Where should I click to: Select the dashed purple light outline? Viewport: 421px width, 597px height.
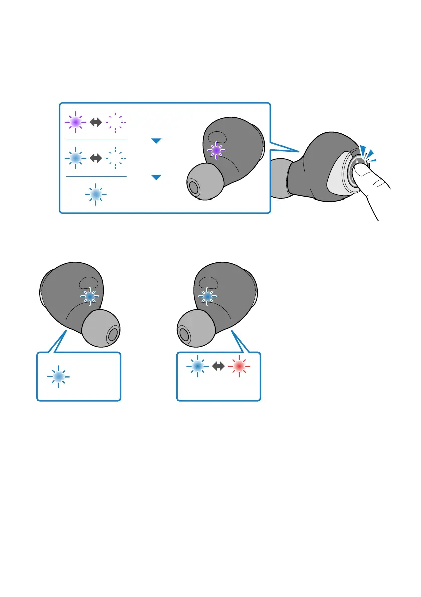click(116, 122)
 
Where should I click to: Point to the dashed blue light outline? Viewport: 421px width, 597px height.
click(116, 158)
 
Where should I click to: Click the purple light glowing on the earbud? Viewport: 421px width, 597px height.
click(216, 150)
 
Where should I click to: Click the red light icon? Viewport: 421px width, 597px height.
click(239, 367)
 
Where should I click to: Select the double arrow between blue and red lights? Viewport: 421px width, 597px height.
click(218, 367)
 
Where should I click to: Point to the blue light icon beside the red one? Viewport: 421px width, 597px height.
click(197, 367)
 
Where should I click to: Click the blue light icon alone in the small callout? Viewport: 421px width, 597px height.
click(59, 377)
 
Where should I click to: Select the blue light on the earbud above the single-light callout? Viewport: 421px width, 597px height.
click(90, 297)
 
